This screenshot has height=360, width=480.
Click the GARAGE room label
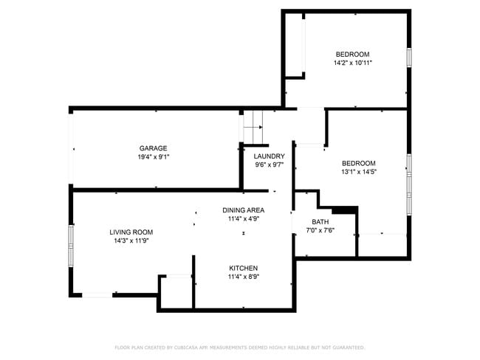[x=154, y=148]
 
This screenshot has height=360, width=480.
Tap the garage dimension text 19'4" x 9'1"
[x=154, y=157]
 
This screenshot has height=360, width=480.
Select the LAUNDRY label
[x=269, y=156]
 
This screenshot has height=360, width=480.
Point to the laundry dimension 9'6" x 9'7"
[x=269, y=165]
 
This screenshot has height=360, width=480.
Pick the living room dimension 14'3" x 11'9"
[x=133, y=241]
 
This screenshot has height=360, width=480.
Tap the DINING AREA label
[x=243, y=210]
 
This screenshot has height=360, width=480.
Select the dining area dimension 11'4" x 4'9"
[x=243, y=219]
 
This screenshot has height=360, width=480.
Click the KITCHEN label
[x=243, y=268]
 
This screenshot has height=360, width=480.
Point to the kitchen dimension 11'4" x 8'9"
[x=243, y=277]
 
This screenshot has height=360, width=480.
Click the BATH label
[x=320, y=221]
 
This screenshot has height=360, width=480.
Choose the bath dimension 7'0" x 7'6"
[x=320, y=230]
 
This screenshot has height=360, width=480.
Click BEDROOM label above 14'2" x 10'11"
[x=352, y=54]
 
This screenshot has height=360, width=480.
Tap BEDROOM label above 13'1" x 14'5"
[x=358, y=163]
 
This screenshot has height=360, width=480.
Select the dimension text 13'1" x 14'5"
[x=358, y=172]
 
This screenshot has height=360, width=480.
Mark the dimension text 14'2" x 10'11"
[x=352, y=63]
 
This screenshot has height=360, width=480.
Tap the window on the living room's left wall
[x=72, y=238]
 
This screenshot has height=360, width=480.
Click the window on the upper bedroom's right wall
[x=408, y=58]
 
